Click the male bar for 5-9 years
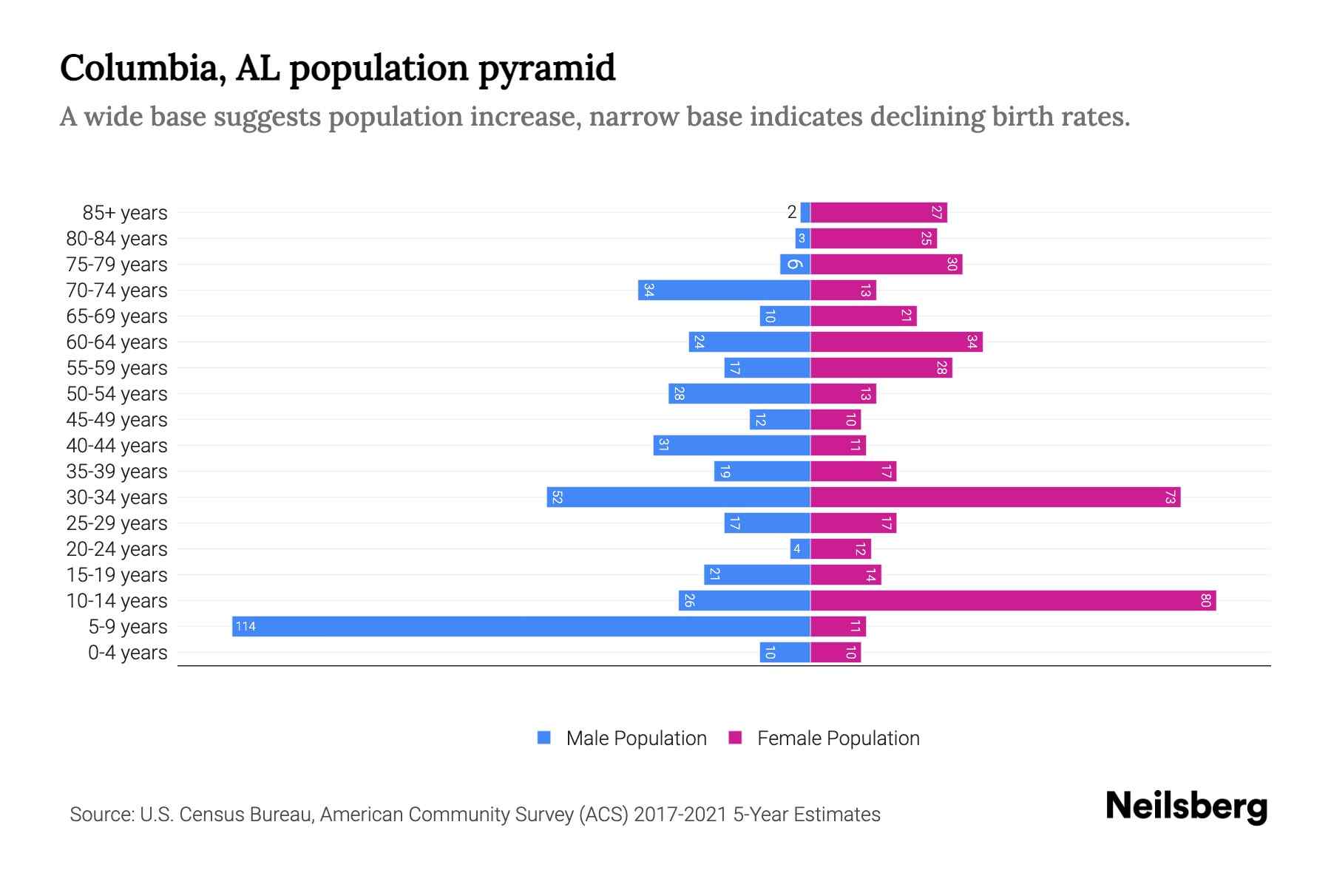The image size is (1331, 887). (x=521, y=626)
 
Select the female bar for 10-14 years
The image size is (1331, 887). (x=1013, y=600)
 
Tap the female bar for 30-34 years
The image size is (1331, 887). (x=995, y=497)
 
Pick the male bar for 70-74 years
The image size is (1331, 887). (x=724, y=290)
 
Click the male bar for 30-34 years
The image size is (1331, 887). (x=678, y=497)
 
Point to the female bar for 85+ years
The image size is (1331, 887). (x=878, y=212)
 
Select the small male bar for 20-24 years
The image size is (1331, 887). (x=800, y=548)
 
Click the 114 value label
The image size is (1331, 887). (x=245, y=627)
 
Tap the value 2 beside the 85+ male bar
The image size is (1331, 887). (x=792, y=212)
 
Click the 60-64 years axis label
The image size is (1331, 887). (x=117, y=342)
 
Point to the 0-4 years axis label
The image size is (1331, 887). (x=127, y=653)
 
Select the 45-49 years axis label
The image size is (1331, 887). (x=117, y=420)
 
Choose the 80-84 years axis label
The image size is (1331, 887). (x=117, y=239)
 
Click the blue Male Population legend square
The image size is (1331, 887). (x=544, y=738)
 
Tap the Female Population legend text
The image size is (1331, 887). (x=838, y=738)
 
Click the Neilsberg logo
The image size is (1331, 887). (x=1186, y=806)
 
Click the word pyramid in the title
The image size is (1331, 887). (x=546, y=69)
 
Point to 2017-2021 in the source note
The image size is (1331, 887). (x=680, y=815)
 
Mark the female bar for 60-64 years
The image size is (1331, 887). (x=896, y=341)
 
